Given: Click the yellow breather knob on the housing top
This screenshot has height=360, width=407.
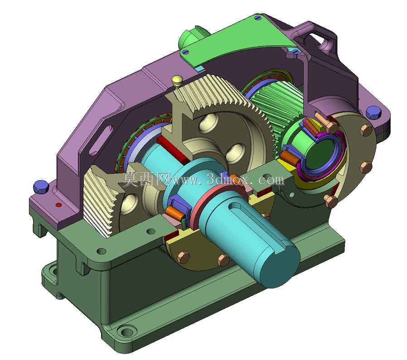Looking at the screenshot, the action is click(176, 81).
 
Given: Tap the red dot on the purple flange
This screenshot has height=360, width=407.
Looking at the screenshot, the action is click(59, 205).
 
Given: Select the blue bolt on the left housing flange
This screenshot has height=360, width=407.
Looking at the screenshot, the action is click(41, 187).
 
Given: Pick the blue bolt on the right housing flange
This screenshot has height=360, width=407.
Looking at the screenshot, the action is click(373, 113).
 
